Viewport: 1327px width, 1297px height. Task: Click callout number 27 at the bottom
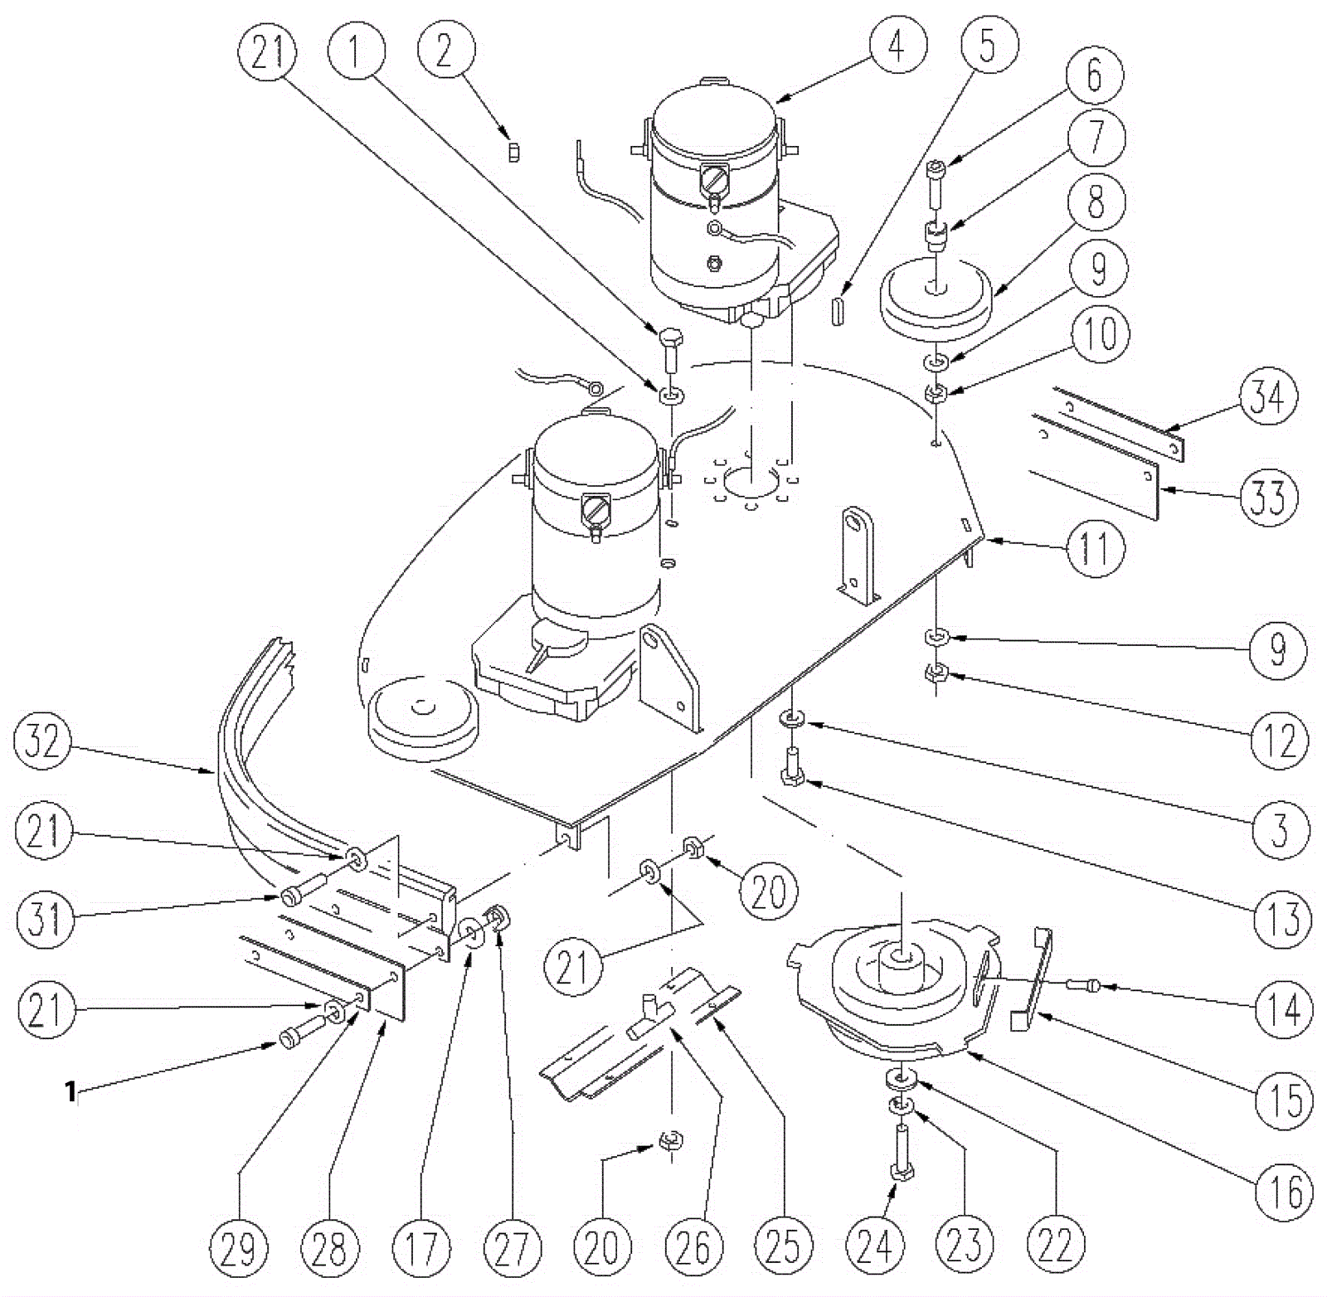click(x=511, y=1246)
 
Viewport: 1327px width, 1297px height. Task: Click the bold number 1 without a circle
click(x=71, y=1091)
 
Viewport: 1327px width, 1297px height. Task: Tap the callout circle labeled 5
click(x=987, y=44)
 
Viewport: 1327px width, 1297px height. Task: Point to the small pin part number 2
click(x=513, y=153)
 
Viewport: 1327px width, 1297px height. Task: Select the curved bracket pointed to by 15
click(x=1034, y=980)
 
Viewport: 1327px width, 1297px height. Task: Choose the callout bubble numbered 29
click(x=239, y=1246)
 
